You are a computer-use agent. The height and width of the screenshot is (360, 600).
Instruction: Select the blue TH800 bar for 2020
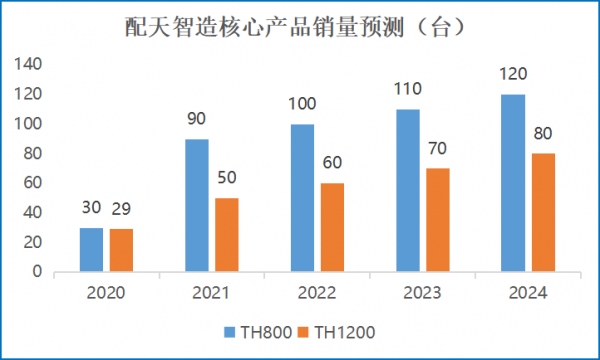tap(91, 249)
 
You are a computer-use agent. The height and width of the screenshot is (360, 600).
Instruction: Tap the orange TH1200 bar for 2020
tap(121, 250)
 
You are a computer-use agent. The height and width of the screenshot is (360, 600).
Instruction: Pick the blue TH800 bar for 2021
tap(197, 205)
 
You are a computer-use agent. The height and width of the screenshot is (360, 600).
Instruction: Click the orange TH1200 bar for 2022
tap(331, 227)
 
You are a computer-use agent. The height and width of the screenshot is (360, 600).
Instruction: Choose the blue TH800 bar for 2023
tap(407, 190)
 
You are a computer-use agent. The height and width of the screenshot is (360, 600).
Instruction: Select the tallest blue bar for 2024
tap(512, 183)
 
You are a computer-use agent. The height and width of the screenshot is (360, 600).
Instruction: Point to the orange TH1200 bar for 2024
tap(542, 212)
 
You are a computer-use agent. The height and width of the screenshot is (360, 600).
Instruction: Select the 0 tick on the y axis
tap(35, 271)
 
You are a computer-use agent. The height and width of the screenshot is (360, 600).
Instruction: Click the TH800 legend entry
tap(256, 329)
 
